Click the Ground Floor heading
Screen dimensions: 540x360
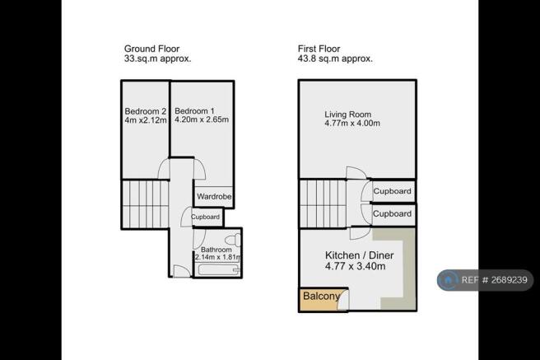tap(151, 49)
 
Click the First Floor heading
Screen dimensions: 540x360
tap(319, 49)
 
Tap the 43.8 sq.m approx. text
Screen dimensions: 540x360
tap(335, 58)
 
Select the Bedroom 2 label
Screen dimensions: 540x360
tap(146, 111)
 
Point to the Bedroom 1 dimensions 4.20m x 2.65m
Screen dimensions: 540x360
tap(202, 119)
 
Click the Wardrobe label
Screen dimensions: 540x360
tap(214, 196)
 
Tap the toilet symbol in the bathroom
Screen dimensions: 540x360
tap(233, 239)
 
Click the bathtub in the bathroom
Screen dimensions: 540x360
tap(218, 269)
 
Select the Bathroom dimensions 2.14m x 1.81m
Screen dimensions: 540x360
tap(217, 257)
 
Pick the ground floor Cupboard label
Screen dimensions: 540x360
tap(205, 217)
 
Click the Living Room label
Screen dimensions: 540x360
tap(348, 115)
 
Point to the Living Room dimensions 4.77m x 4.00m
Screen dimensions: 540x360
tap(352, 123)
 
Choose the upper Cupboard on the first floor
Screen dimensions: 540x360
tap(393, 191)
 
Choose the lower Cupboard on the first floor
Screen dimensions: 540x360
tap(393, 213)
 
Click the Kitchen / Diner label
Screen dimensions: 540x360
tap(359, 255)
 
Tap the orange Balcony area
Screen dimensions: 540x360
tap(319, 299)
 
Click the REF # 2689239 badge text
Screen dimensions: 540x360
tap(494, 280)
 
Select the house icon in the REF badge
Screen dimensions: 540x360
tap(448, 280)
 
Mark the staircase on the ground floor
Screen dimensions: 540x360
tap(146, 204)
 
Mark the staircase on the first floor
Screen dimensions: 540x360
tap(323, 203)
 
